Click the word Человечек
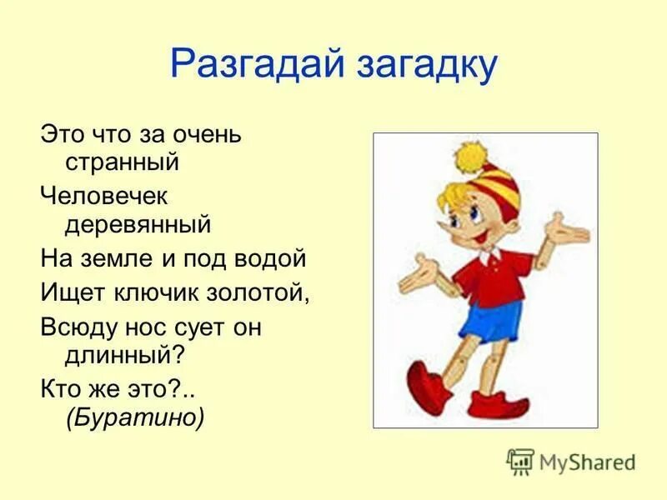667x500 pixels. (104, 197)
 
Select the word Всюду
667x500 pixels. (79, 327)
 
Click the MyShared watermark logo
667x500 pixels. (571, 461)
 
